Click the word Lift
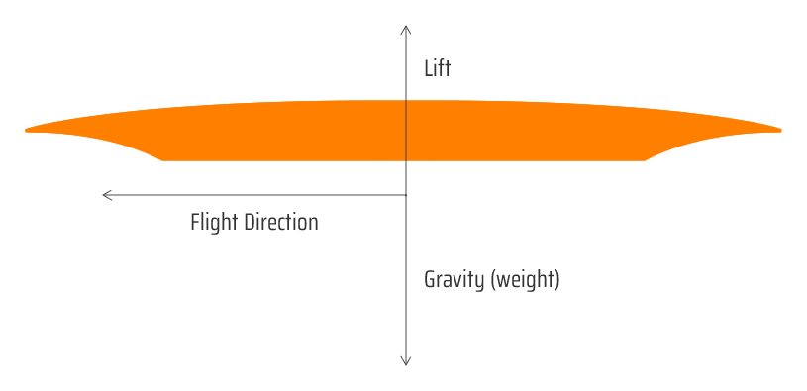pos(437,68)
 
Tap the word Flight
pos(214,223)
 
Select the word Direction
pos(281,222)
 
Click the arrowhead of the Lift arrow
pos(406,30)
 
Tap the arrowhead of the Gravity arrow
pos(406,360)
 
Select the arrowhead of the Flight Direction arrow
pos(107,195)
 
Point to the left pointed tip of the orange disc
pos(26,130)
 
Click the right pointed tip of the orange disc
pos(780,130)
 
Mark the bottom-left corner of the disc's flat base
pos(163,160)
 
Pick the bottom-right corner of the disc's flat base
pos(645,160)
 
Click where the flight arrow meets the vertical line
pos(406,195)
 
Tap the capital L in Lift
pos(428,69)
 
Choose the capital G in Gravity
pos(429,280)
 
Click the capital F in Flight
pos(195,222)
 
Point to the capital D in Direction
pos(250,222)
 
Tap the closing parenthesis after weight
pos(556,281)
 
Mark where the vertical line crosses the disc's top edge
pos(406,100)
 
